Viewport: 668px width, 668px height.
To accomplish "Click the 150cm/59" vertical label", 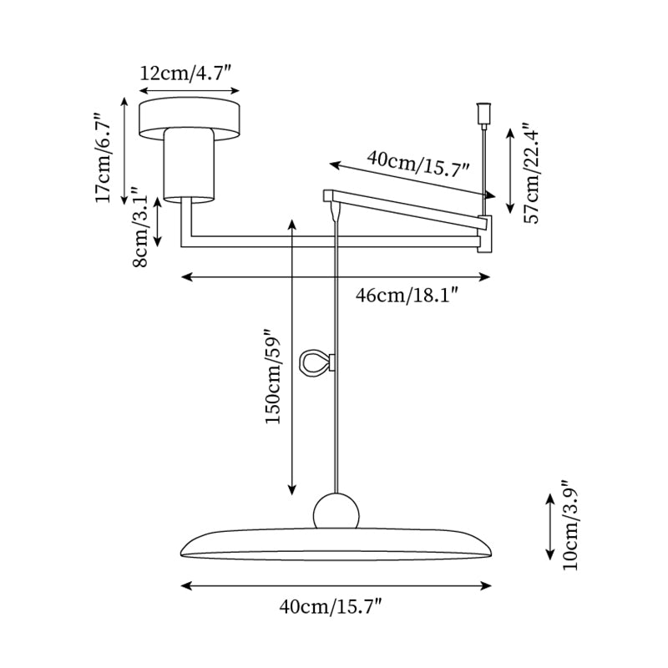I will pos(273,375).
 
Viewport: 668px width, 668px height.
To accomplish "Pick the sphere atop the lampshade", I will pos(337,511).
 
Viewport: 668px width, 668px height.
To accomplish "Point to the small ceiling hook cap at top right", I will pos(481,111).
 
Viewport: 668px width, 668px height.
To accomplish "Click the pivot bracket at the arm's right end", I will pos(484,234).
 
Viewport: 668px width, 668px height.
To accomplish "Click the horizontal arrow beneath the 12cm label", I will pos(190,91).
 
